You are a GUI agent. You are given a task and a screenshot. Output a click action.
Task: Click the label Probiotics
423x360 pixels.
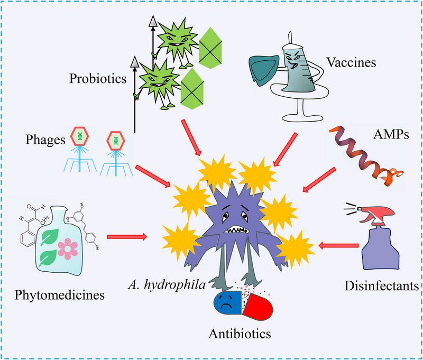pyautogui.click(x=98, y=79)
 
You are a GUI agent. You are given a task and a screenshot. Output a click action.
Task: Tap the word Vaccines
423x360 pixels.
pyautogui.click(x=351, y=62)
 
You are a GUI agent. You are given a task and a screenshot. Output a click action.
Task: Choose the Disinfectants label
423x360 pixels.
pyautogui.click(x=381, y=286)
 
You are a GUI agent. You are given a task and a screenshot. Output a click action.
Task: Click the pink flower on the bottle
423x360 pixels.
pyautogui.click(x=68, y=248)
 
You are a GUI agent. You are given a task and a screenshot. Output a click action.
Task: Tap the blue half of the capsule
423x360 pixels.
pyautogui.click(x=229, y=303)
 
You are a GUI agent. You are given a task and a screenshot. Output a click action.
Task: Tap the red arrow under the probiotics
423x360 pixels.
pyautogui.click(x=192, y=137)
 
